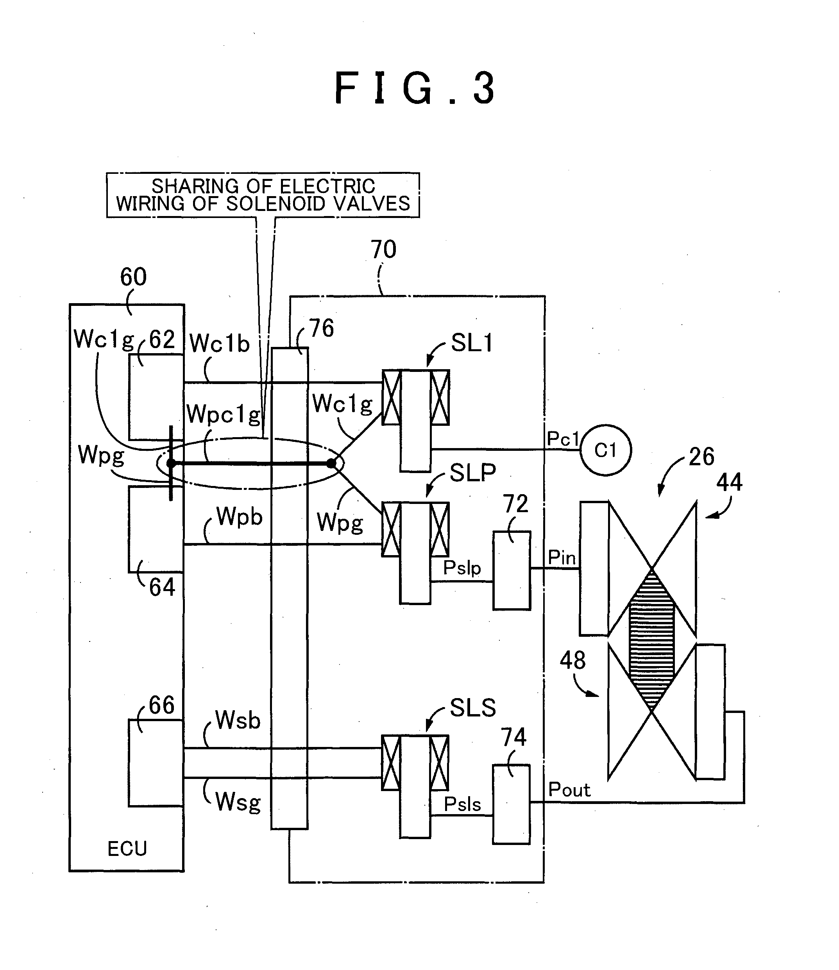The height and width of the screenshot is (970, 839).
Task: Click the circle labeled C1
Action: click(x=605, y=450)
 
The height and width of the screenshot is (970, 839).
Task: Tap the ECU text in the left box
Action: click(x=127, y=849)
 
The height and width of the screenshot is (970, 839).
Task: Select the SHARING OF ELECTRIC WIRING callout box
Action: click(x=263, y=195)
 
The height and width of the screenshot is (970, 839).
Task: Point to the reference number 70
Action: click(x=383, y=249)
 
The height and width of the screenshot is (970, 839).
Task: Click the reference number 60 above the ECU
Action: click(x=133, y=277)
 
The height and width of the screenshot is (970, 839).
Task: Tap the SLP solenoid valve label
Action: click(x=473, y=473)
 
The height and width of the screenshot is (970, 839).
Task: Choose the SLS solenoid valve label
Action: click(x=473, y=708)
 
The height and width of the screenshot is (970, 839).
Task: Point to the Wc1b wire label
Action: click(x=220, y=344)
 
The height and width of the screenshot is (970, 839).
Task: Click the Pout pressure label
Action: click(x=569, y=790)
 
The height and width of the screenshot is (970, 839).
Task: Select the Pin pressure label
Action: click(x=562, y=557)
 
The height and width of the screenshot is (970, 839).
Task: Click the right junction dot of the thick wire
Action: click(x=331, y=463)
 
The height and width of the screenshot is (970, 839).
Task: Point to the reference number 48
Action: click(x=572, y=661)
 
